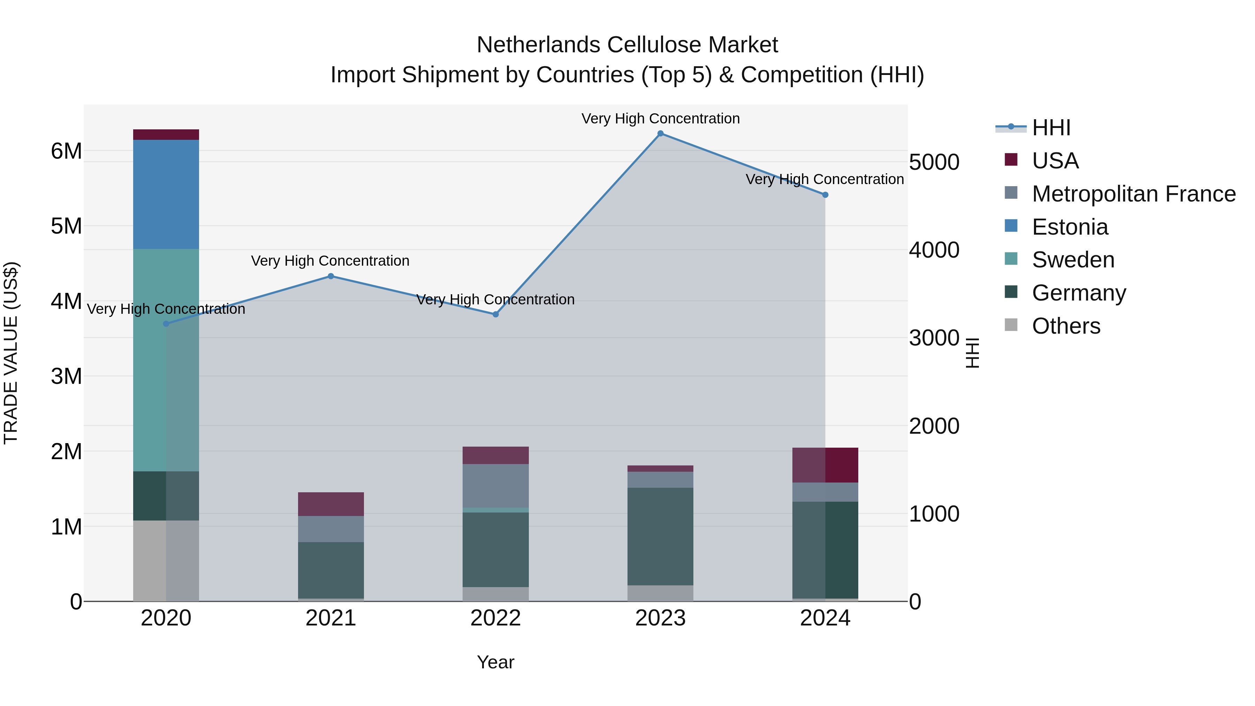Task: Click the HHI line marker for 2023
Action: [x=660, y=134]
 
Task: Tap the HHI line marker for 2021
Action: [x=331, y=276]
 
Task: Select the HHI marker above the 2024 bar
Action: [x=825, y=195]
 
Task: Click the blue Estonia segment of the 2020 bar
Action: [x=166, y=195]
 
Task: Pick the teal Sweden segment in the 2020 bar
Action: [x=166, y=360]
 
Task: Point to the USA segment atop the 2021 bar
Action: [x=331, y=504]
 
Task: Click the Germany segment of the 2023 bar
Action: [x=660, y=536]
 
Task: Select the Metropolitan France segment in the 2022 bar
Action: [x=495, y=486]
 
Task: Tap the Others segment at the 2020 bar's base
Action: [x=166, y=560]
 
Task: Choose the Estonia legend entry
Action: [x=1070, y=227]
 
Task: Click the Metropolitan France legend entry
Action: [x=1133, y=194]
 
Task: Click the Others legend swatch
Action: [x=1011, y=325]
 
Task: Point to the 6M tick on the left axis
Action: [x=66, y=151]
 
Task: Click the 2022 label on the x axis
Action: [x=495, y=618]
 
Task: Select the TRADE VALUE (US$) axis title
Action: [x=11, y=353]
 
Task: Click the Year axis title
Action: [x=495, y=662]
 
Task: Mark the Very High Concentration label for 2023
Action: [x=660, y=119]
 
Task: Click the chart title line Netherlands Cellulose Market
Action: [x=627, y=45]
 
